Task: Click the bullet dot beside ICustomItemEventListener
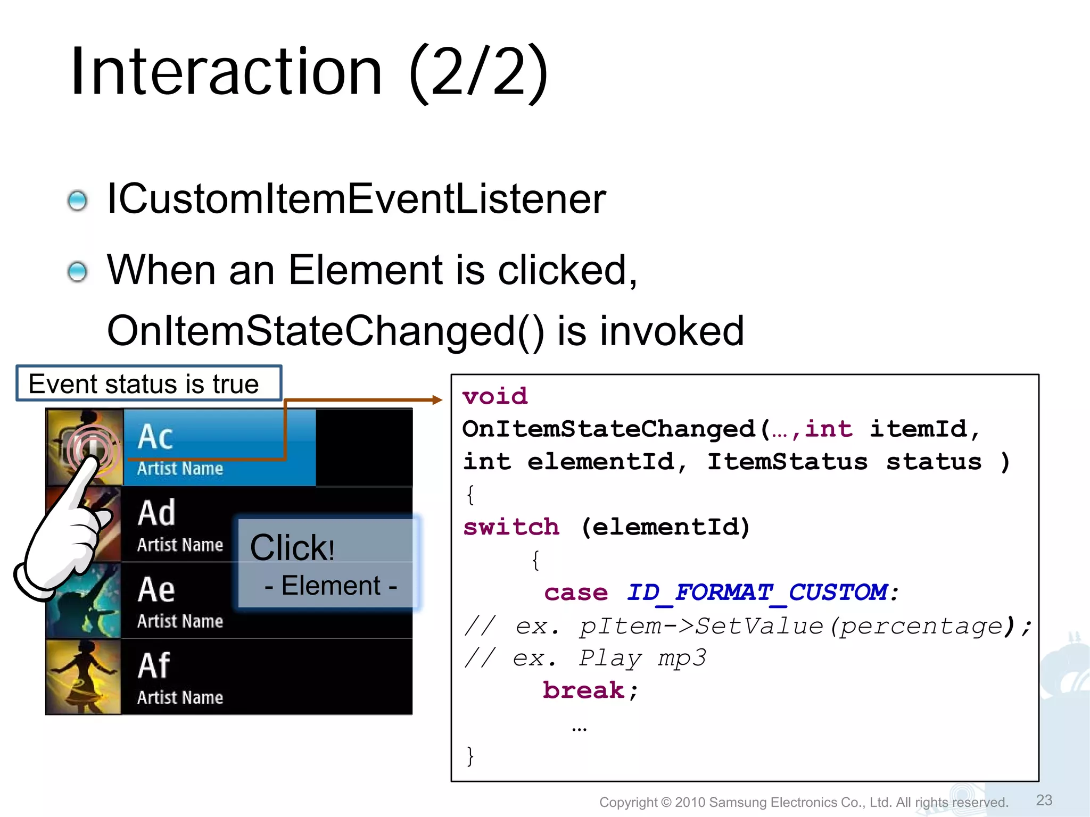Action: pyautogui.click(x=78, y=201)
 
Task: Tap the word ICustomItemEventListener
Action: pyautogui.click(x=356, y=199)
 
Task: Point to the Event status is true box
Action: pyautogui.click(x=148, y=383)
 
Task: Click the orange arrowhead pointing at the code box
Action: pyautogui.click(x=437, y=399)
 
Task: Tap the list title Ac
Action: pyautogui.click(x=155, y=437)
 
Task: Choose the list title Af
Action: pyautogui.click(x=154, y=665)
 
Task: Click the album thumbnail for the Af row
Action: pyautogui.click(x=84, y=677)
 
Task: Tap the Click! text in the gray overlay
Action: pyautogui.click(x=292, y=547)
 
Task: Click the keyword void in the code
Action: pyautogui.click(x=495, y=396)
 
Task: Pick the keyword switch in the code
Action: pyautogui.click(x=511, y=527)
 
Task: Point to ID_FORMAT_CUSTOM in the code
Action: pyautogui.click(x=756, y=592)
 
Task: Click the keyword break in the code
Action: pyautogui.click(x=583, y=690)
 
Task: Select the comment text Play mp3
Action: pyautogui.click(x=642, y=658)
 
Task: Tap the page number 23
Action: pyautogui.click(x=1044, y=800)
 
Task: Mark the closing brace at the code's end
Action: pyautogui.click(x=470, y=755)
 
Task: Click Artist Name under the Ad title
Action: pyautogui.click(x=180, y=545)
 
